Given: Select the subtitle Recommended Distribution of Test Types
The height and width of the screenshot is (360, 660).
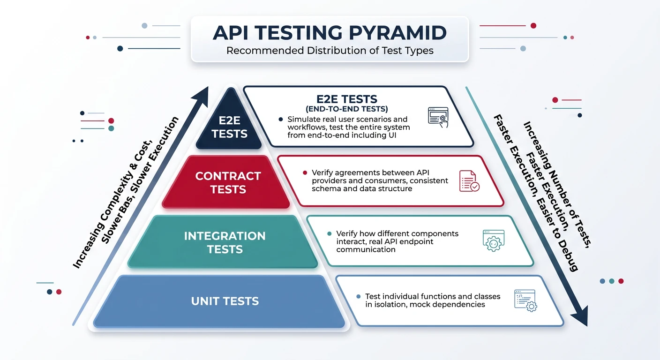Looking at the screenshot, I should point(330,50).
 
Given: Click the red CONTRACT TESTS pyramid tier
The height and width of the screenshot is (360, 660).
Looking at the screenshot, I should point(228,182).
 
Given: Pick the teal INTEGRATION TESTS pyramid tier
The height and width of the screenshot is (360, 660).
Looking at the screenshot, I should point(225,242).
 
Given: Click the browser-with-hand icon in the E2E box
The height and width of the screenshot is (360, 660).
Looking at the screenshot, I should point(438,117).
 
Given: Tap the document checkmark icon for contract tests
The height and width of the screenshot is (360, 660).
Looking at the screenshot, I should point(469,181).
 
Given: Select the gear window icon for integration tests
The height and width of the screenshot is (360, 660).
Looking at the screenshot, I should point(493,240).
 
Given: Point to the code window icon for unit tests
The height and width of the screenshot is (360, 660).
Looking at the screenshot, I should point(525,300).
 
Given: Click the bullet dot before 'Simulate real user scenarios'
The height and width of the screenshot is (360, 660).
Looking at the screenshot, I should point(280,120).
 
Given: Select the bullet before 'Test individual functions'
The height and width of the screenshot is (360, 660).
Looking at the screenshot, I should point(359,296).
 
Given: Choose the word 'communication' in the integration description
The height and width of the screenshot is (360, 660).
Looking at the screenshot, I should point(366,249).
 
